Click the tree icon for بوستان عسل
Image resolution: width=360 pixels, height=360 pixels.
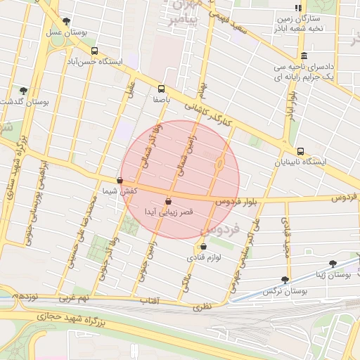tap(66, 22)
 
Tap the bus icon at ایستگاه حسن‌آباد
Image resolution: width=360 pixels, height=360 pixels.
tap(94, 51)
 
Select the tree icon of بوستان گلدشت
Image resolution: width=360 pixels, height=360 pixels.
tap(23, 91)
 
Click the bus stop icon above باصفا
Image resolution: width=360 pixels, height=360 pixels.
tap(161, 89)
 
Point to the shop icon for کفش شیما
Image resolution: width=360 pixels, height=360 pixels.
tap(120, 180)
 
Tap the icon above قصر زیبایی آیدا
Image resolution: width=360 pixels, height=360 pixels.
tap(168, 202)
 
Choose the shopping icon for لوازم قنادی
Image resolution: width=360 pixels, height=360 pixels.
tap(203, 247)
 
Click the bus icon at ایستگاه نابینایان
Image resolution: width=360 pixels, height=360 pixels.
tap(300, 150)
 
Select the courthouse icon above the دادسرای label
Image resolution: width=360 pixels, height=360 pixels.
tap(304, 56)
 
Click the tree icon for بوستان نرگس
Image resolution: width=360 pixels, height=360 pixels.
tap(285, 279)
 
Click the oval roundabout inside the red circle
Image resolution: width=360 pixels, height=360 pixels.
tap(219, 165)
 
